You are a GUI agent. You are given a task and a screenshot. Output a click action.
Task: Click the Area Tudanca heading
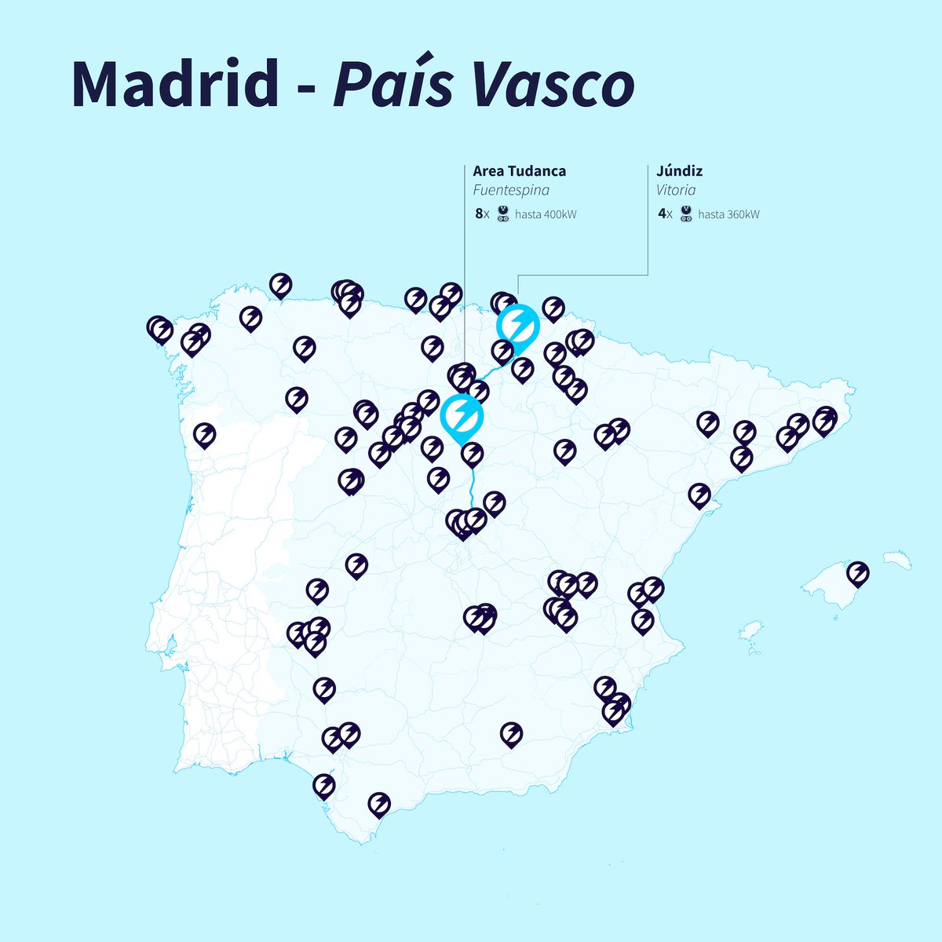click(519, 171)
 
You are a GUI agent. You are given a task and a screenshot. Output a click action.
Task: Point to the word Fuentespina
click(511, 191)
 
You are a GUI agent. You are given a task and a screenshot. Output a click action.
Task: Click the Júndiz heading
click(679, 171)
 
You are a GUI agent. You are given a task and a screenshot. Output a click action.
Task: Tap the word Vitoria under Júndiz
click(676, 191)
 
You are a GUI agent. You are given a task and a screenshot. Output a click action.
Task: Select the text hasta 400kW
click(546, 214)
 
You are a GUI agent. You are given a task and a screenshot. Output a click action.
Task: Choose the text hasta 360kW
click(728, 214)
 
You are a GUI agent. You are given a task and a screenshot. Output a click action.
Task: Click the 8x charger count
click(482, 214)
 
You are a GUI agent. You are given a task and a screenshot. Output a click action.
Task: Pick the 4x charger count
click(665, 214)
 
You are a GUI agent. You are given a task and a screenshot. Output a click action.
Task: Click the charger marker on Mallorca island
click(858, 573)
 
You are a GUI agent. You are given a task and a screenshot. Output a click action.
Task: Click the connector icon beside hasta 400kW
click(503, 214)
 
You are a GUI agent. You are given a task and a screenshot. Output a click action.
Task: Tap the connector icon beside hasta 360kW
click(685, 214)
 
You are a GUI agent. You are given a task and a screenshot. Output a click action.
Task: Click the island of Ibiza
click(751, 630)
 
